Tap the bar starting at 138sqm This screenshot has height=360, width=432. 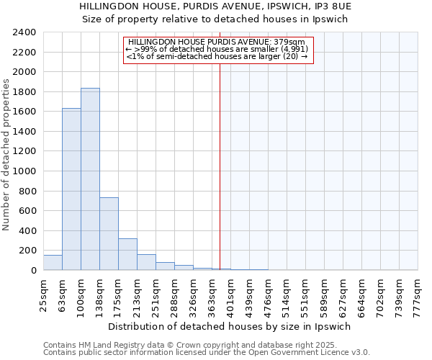(109, 233)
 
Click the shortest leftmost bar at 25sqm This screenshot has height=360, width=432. (53, 263)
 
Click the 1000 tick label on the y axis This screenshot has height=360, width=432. (24, 171)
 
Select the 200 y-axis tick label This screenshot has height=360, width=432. (27, 251)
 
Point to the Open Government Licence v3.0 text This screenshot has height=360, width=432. (316, 352)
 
